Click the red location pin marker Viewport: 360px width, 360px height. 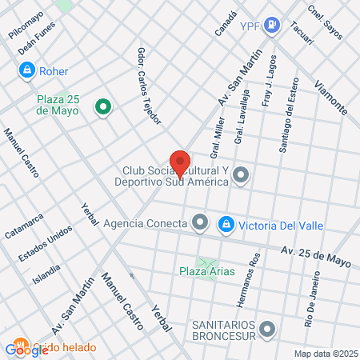point(180,162)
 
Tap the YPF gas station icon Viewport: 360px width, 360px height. point(273,26)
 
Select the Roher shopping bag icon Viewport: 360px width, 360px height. point(27,70)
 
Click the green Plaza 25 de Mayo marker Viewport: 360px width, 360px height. point(102,106)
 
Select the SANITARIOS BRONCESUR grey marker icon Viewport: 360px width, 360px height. point(267,327)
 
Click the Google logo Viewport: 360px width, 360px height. point(26,349)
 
